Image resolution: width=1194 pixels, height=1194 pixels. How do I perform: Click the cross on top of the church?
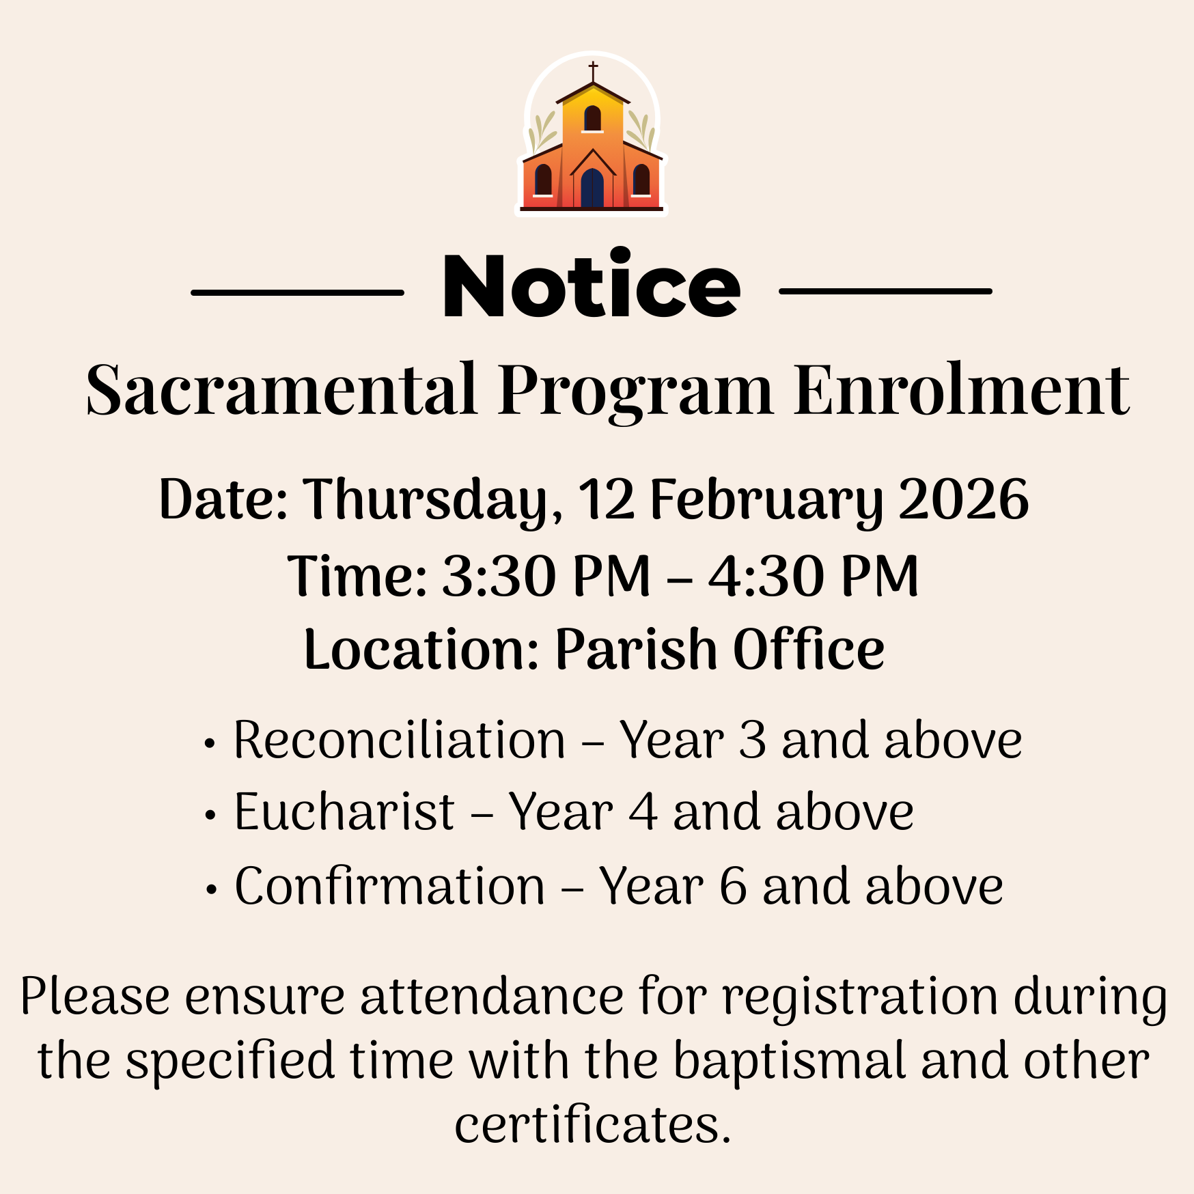tap(593, 71)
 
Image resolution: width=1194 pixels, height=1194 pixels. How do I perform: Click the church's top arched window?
tap(592, 118)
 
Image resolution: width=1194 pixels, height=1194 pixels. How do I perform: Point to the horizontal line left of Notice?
tap(297, 292)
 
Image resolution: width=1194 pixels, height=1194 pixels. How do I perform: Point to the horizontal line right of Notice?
tap(885, 291)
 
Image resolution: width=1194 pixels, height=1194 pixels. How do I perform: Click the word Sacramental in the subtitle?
tap(281, 389)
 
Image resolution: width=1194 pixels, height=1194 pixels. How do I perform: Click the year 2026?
tap(964, 499)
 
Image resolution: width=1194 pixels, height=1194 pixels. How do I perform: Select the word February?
tap(766, 500)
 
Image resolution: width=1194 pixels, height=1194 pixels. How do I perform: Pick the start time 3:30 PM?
tap(546, 576)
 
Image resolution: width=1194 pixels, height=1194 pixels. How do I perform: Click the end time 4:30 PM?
tap(814, 576)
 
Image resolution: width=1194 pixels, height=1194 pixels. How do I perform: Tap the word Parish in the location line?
tap(635, 649)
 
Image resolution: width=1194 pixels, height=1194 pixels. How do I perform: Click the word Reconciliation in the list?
tap(400, 740)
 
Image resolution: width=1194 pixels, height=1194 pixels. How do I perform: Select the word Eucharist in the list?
tap(344, 812)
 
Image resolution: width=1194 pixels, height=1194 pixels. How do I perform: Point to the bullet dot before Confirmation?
tap(212, 890)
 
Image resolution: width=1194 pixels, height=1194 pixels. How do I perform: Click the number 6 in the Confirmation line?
tap(733, 886)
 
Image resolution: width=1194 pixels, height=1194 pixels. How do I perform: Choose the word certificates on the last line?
tap(593, 1125)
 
